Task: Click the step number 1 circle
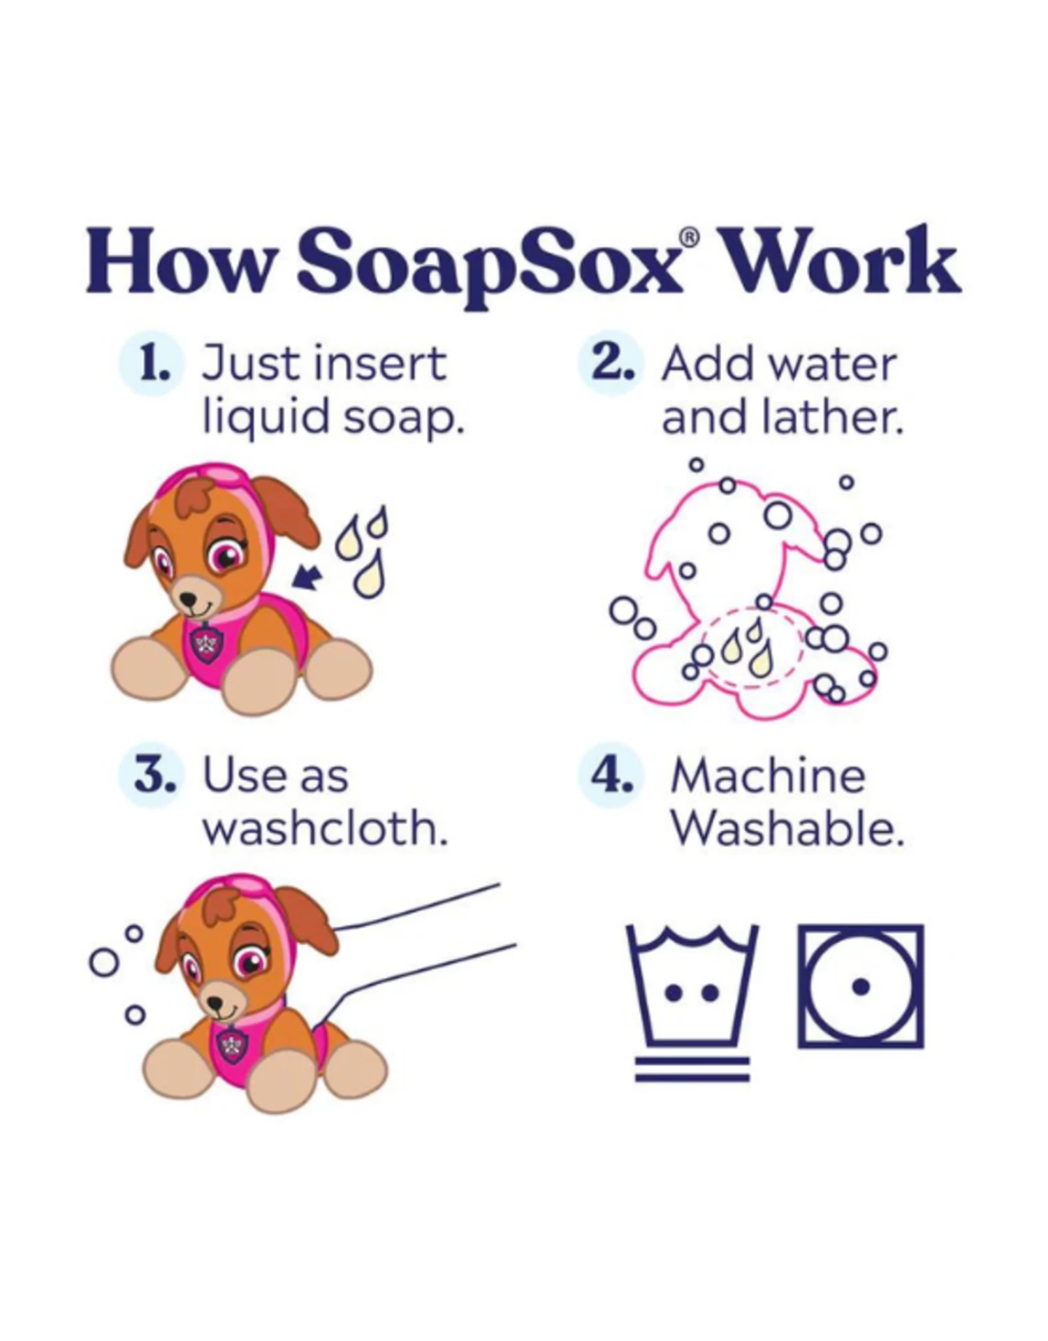click(152, 366)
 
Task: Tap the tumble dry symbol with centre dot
click(861, 986)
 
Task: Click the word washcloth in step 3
click(325, 829)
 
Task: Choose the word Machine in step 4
click(767, 776)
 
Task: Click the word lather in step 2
click(831, 418)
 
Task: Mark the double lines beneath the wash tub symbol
click(692, 1069)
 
